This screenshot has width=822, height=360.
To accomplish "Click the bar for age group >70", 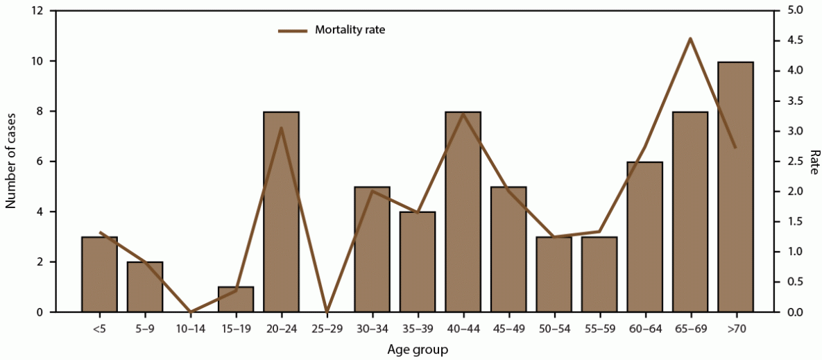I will click(735, 187).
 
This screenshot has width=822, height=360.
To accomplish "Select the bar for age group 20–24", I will click(281, 212).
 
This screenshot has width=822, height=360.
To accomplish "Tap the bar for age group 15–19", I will click(236, 300).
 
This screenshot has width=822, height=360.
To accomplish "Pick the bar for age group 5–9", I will click(144, 287).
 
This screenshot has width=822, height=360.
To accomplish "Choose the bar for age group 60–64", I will click(644, 237).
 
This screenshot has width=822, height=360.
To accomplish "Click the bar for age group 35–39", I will click(418, 262).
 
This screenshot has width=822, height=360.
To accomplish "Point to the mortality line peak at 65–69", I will click(690, 39).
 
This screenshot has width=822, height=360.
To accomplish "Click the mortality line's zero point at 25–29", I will click(327, 312).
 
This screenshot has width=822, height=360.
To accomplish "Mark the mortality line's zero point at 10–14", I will click(190, 312).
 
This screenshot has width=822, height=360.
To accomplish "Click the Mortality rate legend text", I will click(350, 30).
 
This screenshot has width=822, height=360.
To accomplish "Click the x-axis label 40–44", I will click(463, 327).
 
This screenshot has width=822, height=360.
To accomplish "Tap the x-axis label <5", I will click(99, 327).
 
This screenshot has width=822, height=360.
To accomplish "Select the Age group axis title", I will click(417, 350).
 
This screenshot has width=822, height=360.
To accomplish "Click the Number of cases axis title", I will click(11, 161).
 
